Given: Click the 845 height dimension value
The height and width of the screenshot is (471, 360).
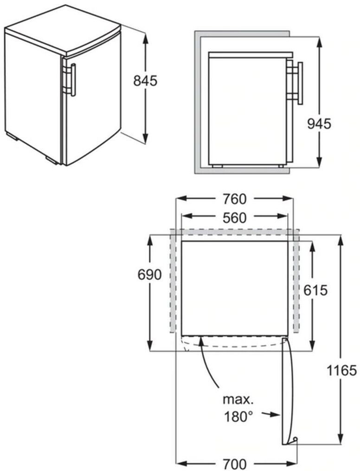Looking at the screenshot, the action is pyautogui.click(x=145, y=81).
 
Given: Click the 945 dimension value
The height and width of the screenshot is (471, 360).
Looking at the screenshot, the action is pyautogui.click(x=319, y=124).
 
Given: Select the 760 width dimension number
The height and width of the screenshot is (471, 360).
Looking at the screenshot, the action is pyautogui.click(x=234, y=199).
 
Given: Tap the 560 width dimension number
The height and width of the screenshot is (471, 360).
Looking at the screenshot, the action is pyautogui.click(x=234, y=218).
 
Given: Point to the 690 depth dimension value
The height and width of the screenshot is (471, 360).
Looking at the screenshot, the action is pyautogui.click(x=149, y=274).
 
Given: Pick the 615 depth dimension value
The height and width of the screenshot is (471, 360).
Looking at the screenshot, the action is pyautogui.click(x=315, y=291).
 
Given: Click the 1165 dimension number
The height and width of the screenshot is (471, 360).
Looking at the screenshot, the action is pyautogui.click(x=341, y=370).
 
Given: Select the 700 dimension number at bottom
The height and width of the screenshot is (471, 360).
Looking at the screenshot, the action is pyautogui.click(x=234, y=464).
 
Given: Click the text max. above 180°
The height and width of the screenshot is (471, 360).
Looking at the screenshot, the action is pyautogui.click(x=238, y=400).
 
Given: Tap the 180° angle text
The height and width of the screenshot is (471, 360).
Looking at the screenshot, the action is pyautogui.click(x=238, y=416).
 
